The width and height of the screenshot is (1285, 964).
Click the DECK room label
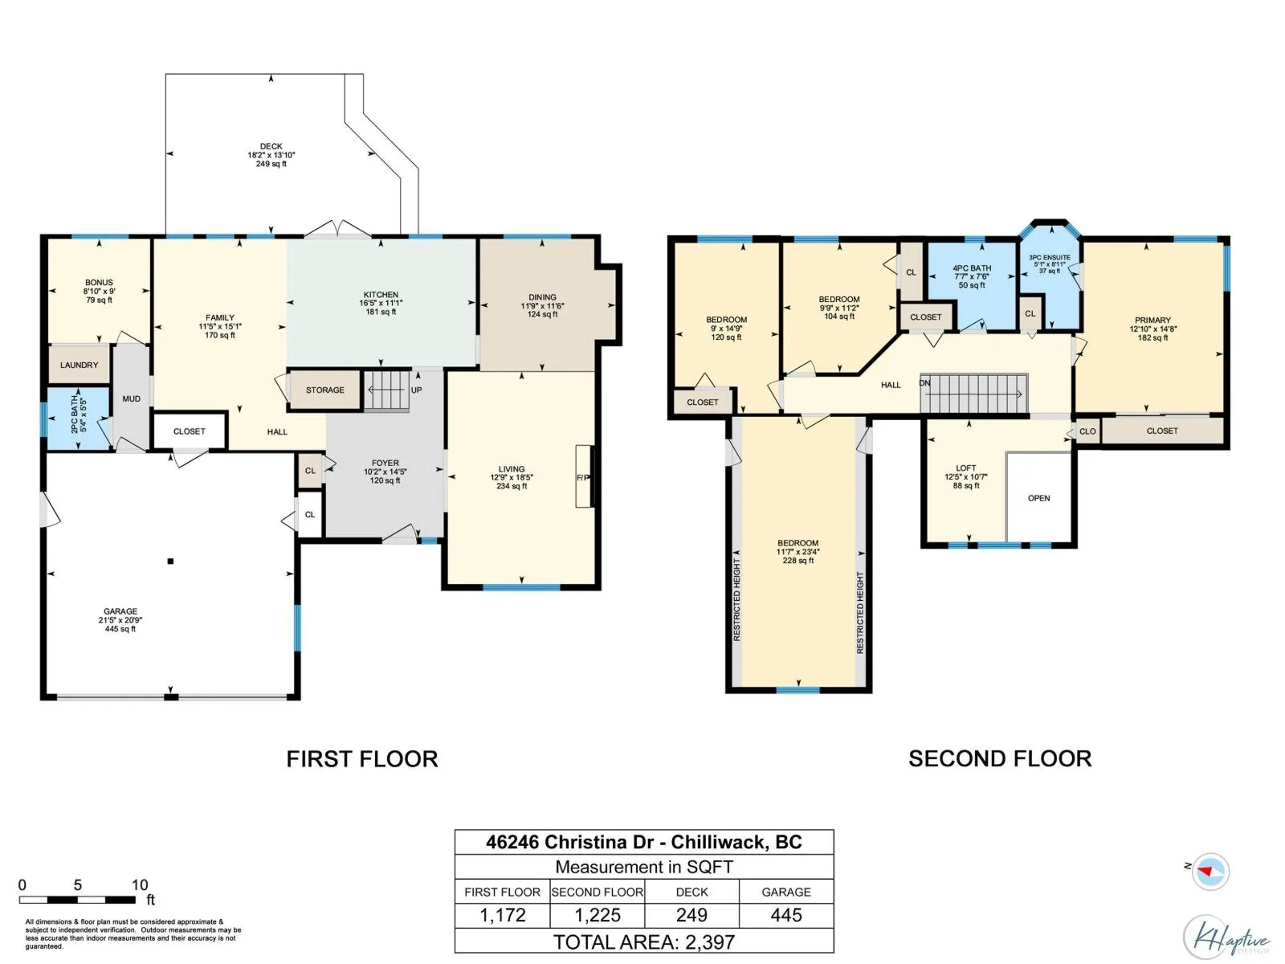(x=271, y=146)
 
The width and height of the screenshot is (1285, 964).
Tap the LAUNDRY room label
(x=79, y=366)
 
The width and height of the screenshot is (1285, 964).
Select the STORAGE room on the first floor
(x=325, y=390)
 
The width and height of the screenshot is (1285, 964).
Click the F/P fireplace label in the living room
(x=583, y=478)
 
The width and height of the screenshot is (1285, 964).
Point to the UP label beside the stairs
(x=416, y=390)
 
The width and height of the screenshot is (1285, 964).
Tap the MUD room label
(x=131, y=398)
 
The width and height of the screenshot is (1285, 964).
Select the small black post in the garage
(x=170, y=562)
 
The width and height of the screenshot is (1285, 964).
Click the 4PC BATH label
(x=972, y=268)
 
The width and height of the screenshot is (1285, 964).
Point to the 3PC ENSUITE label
(x=1049, y=258)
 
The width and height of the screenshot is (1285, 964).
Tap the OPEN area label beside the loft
(x=1038, y=498)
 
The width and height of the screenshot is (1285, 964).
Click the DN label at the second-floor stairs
(x=924, y=383)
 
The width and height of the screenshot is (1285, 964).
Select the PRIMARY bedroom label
(x=1152, y=321)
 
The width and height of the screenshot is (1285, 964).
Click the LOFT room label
(x=966, y=468)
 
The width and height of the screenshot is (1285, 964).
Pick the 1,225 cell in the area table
(x=598, y=915)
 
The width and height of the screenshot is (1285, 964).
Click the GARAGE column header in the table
(x=785, y=892)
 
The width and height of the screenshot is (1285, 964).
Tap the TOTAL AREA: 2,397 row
(x=644, y=942)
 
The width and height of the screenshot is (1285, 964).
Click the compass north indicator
(x=1210, y=872)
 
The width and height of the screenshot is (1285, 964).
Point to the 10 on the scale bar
(x=140, y=884)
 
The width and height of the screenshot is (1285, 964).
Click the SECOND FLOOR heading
(x=1000, y=759)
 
